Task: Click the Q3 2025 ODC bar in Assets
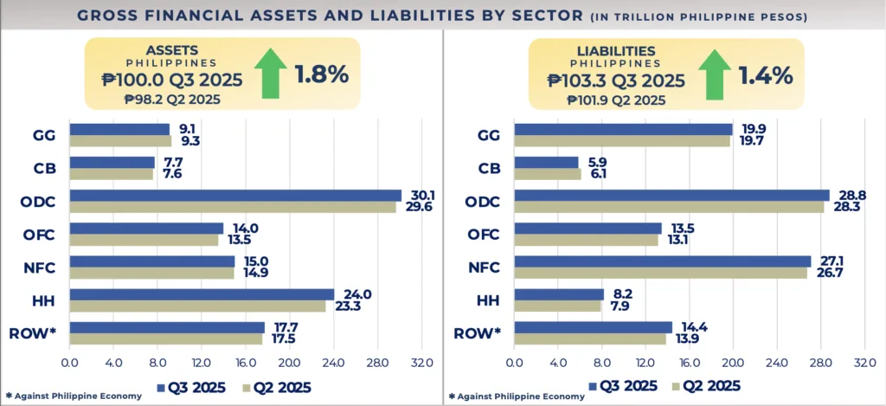(x=235, y=196)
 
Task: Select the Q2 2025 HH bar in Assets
(x=197, y=306)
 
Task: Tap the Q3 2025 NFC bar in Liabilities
(x=662, y=261)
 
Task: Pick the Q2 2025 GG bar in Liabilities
(x=621, y=141)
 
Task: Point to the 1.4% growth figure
(x=766, y=75)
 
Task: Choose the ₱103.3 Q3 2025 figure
(x=615, y=81)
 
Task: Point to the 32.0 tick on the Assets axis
(x=421, y=362)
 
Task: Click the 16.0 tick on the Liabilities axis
(x=689, y=362)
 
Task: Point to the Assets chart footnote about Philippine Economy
(x=73, y=396)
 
